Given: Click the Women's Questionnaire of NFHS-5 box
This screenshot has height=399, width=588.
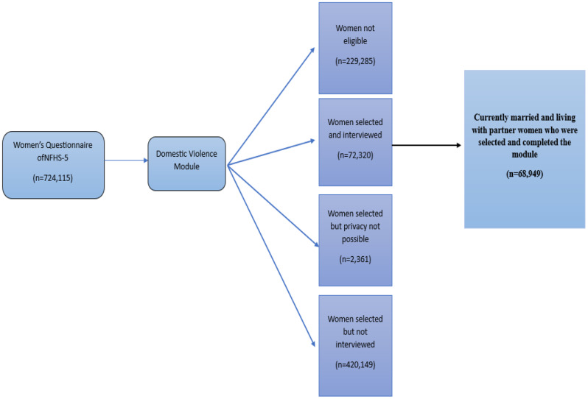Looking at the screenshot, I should (x=53, y=164).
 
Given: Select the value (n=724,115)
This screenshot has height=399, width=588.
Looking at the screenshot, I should (x=52, y=177).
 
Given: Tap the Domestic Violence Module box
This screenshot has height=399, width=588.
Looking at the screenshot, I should (x=186, y=163).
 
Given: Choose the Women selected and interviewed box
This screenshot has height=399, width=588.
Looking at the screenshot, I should (x=354, y=141).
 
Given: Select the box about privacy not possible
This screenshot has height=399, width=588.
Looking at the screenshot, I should (x=354, y=239).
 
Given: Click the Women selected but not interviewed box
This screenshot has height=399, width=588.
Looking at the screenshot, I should (x=354, y=345).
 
